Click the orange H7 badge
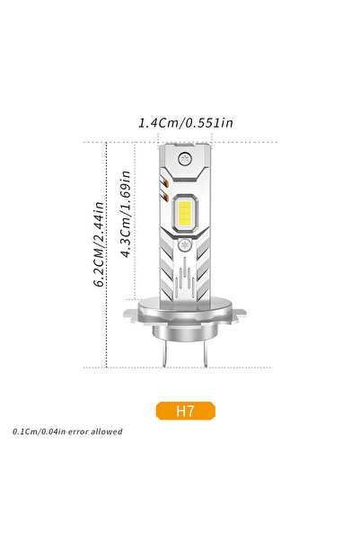[186, 412]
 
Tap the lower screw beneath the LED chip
[186, 244]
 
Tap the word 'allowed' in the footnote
[106, 432]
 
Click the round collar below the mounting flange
[187, 331]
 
